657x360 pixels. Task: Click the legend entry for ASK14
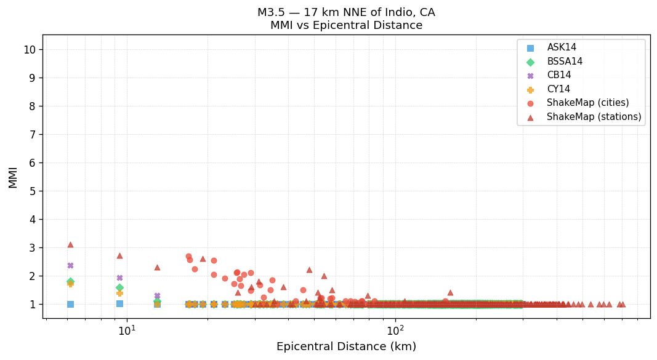[562, 47]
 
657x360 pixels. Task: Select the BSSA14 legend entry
[565, 62]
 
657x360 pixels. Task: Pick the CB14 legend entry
[558, 75]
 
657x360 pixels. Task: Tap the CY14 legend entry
[558, 89]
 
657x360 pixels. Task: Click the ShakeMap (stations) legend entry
[594, 117]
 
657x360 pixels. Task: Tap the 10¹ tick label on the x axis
[127, 330]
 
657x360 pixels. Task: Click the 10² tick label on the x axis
[395, 330]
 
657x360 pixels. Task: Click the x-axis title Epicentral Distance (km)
[346, 346]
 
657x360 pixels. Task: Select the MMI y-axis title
[13, 177]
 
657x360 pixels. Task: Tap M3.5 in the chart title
[272, 12]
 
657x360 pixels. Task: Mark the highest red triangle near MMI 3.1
[70, 245]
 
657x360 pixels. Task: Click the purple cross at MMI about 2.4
[70, 265]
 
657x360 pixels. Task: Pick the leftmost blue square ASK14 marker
[70, 304]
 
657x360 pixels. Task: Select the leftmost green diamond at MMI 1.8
[70, 281]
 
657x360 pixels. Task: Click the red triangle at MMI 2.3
[157, 267]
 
